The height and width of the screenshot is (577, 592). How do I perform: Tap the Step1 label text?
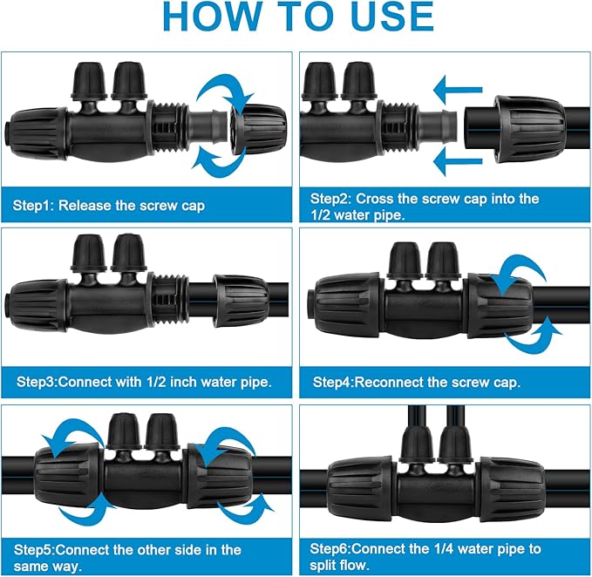coord(36,207)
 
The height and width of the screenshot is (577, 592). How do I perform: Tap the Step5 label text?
coord(36,549)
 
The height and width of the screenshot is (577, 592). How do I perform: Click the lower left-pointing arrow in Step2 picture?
coord(458,160)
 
